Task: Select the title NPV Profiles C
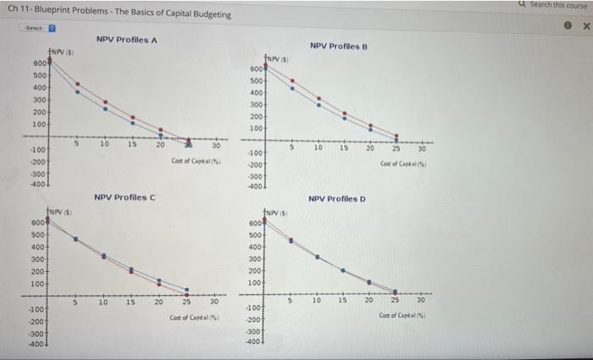[x=125, y=197]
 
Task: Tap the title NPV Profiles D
[x=337, y=199]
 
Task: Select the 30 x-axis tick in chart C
[x=213, y=301]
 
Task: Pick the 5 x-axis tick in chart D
[x=291, y=300]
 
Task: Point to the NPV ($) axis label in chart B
[x=277, y=58]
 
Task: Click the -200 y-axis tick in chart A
[x=38, y=160]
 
